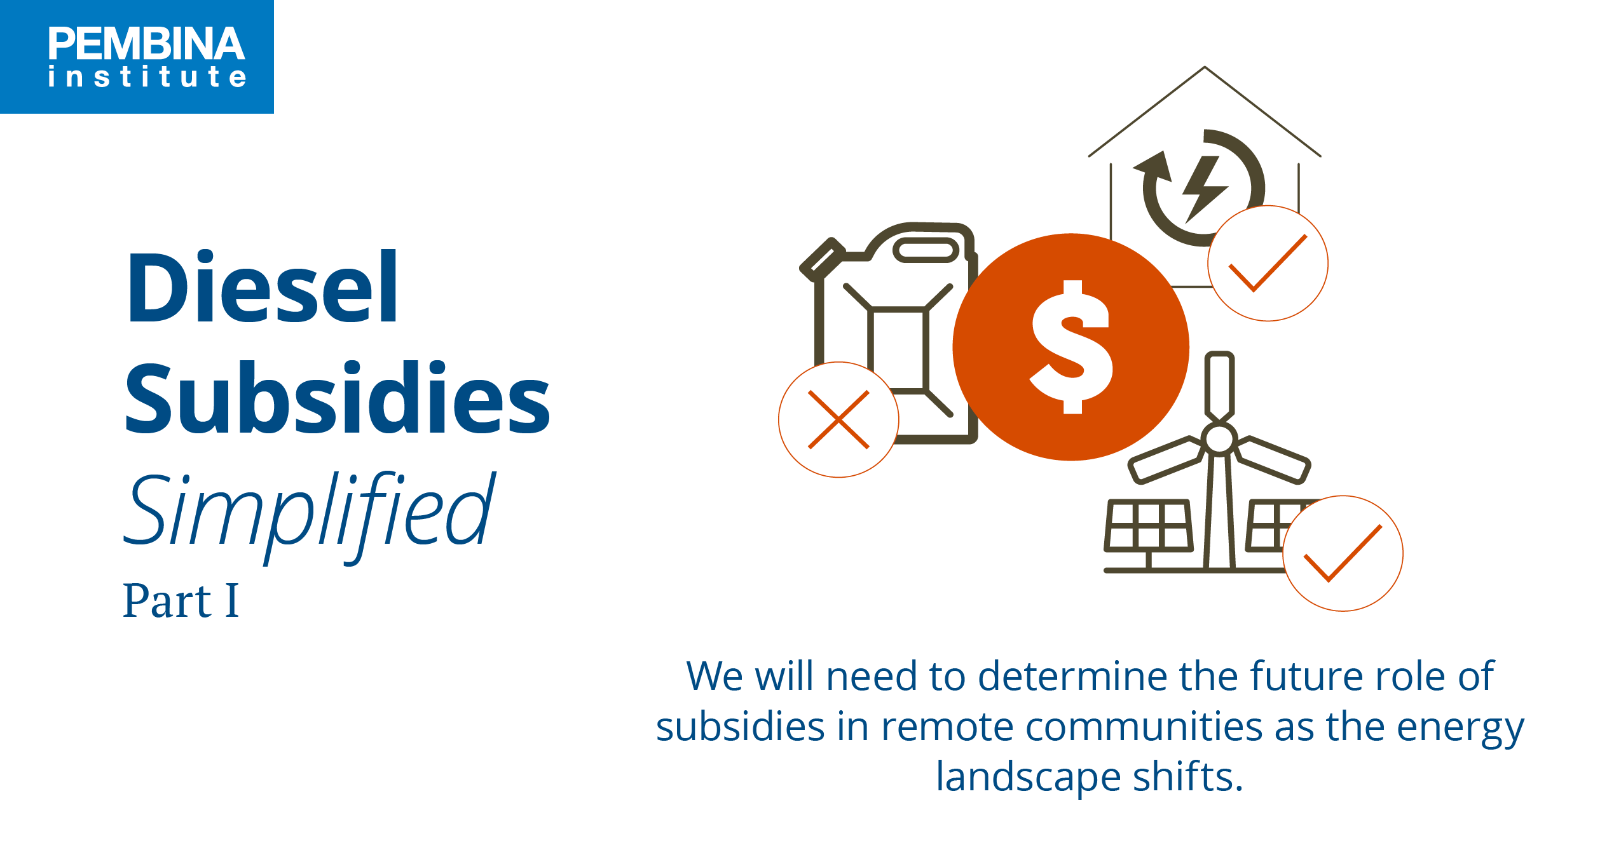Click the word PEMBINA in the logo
tap(146, 44)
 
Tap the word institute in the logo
tap(147, 77)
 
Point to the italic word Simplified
tap(309, 511)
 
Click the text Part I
tap(181, 601)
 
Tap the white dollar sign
tap(1072, 347)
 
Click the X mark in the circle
tap(838, 420)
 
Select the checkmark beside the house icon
tap(1268, 263)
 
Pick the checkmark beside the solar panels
tap(1343, 553)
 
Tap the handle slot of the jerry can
tap(926, 250)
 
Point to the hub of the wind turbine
tap(1219, 439)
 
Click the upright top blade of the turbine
tap(1219, 384)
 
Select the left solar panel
tap(1148, 525)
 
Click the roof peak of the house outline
tap(1205, 69)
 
